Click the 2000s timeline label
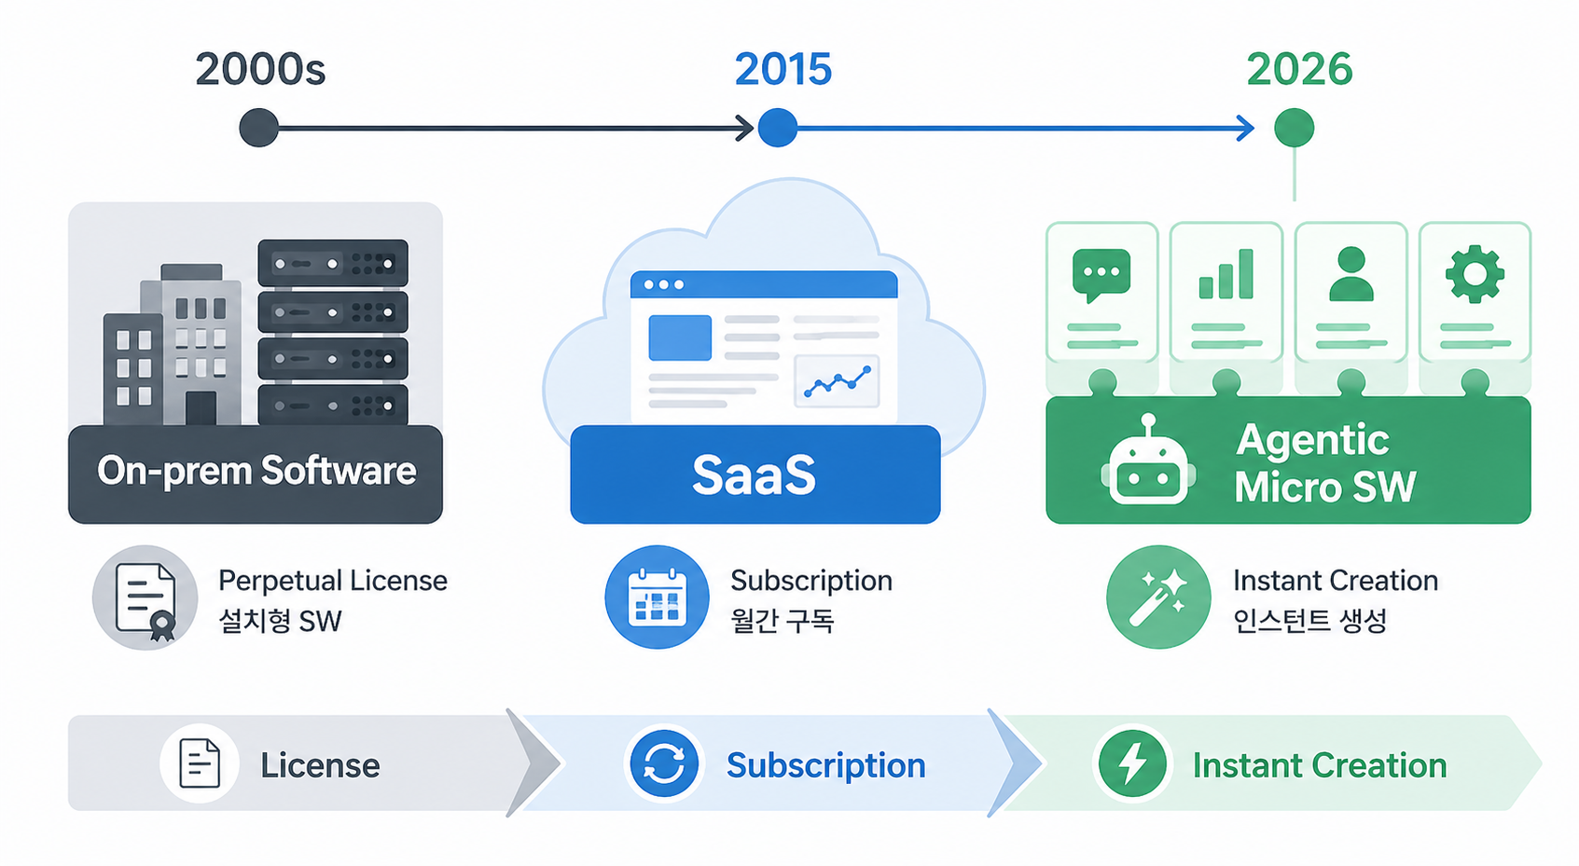[x=260, y=70]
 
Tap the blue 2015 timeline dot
[x=778, y=129]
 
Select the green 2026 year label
[x=1299, y=70]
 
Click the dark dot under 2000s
[x=258, y=129]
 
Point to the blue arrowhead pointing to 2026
[x=1246, y=129]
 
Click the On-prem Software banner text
[x=256, y=471]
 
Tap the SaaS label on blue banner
[x=754, y=474]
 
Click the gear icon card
[x=1475, y=293]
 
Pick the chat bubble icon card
[x=1101, y=293]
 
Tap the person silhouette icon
[x=1350, y=274]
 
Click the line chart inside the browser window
[x=837, y=381]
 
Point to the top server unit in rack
[x=333, y=263]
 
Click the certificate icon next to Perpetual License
[x=145, y=598]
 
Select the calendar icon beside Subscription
[x=657, y=597]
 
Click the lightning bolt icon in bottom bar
[x=1132, y=763]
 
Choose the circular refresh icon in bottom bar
[x=663, y=763]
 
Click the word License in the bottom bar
[x=320, y=765]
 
